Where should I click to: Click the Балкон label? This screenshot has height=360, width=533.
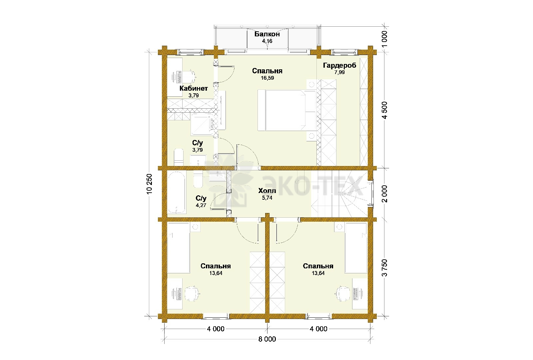pyautogui.click(x=267, y=34)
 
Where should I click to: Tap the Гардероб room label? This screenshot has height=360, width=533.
pyautogui.click(x=339, y=65)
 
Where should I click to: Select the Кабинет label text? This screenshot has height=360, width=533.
pyautogui.click(x=194, y=88)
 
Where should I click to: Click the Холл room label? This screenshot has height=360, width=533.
pyautogui.click(x=267, y=191)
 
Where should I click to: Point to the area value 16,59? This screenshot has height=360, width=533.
pyautogui.click(x=267, y=78)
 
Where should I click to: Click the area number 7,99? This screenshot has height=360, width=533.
pyautogui.click(x=339, y=72)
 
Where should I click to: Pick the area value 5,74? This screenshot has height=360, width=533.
pyautogui.click(x=267, y=198)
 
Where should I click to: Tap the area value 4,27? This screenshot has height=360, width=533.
pyautogui.click(x=201, y=205)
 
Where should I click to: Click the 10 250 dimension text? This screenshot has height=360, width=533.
pyautogui.click(x=149, y=184)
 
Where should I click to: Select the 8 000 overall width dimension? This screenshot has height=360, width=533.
pyautogui.click(x=267, y=339)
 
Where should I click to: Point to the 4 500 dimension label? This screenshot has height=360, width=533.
pyautogui.click(x=384, y=110)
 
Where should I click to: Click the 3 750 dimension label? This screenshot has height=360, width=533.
pyautogui.click(x=384, y=268)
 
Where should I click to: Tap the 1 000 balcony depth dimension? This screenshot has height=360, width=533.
pyautogui.click(x=384, y=39)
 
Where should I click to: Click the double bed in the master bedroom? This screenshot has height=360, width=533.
pyautogui.click(x=287, y=110)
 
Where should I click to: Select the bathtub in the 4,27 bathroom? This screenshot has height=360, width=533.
pyautogui.click(x=177, y=192)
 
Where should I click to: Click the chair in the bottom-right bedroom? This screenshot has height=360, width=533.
pyautogui.click(x=343, y=293)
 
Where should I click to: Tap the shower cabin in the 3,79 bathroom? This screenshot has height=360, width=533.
pyautogui.click(x=203, y=124)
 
